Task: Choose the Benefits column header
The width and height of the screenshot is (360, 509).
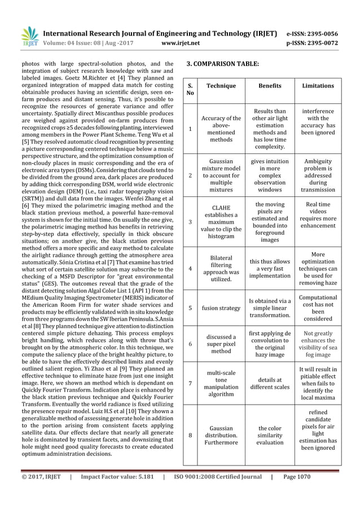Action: coord(269,86)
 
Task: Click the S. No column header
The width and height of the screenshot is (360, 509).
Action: coord(190,89)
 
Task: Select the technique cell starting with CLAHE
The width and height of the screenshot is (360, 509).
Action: coord(221,222)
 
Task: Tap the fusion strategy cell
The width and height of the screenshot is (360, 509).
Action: coord(221,308)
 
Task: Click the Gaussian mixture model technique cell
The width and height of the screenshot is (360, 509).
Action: coord(221,175)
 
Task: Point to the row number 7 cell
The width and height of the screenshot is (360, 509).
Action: coord(190,383)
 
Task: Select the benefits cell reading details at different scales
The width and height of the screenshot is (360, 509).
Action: coord(269,383)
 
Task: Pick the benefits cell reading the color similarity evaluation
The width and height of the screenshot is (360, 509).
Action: coord(269,435)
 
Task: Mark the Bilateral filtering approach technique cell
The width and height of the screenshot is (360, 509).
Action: coord(221,267)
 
